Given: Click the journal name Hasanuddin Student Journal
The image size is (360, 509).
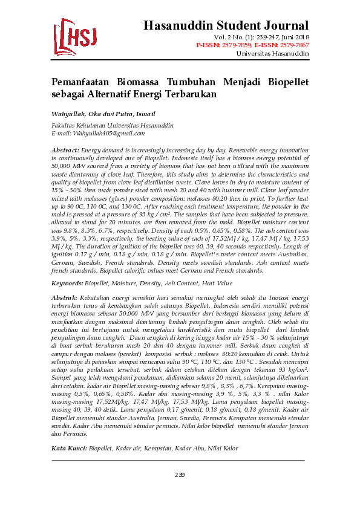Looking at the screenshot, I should tap(226, 25).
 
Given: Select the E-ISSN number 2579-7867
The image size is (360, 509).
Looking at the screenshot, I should tap(295, 45).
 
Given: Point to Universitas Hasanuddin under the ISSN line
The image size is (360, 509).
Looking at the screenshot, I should tap(272, 53).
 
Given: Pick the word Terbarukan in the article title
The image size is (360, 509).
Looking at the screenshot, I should tap(189, 95).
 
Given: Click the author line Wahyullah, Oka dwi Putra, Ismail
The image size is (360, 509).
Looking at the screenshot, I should tap(103, 114).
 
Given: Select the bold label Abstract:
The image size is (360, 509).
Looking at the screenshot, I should tap(65, 149).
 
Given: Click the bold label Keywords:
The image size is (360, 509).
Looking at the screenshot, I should tap(67, 283).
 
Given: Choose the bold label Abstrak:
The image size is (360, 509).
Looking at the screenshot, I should tap(64, 298).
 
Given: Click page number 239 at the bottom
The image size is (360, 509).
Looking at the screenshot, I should tap(180, 475).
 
